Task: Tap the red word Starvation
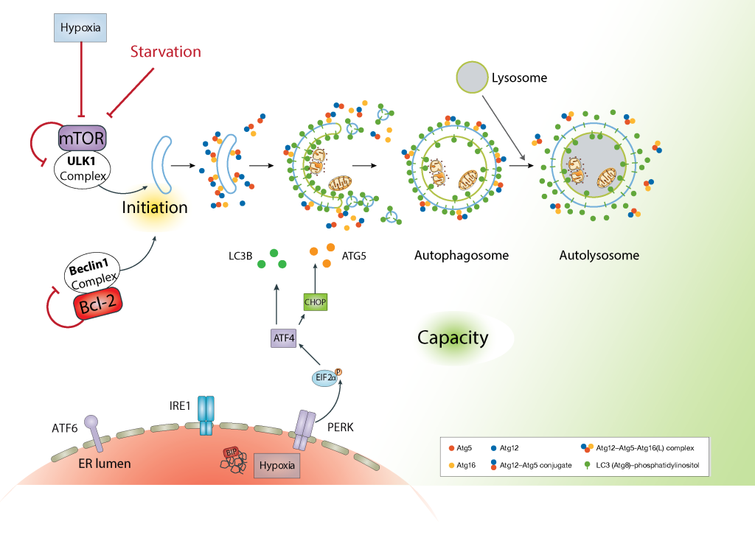(x=165, y=52)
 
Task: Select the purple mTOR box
(x=83, y=137)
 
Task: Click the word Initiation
(x=155, y=207)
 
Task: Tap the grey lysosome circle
(x=472, y=77)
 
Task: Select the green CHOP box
(x=315, y=302)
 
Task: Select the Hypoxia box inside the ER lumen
(x=277, y=465)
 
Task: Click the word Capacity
(x=453, y=338)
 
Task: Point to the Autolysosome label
(x=599, y=256)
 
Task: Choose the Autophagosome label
(x=462, y=256)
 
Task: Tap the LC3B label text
(x=240, y=256)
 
